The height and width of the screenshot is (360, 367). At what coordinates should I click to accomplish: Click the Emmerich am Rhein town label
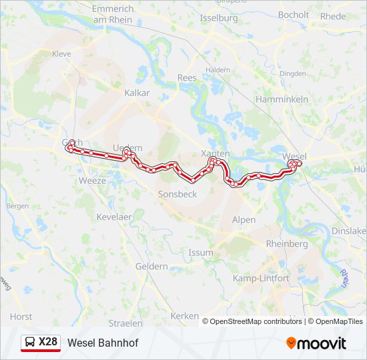click(113, 14)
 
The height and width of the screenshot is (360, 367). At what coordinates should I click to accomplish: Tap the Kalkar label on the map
click(137, 93)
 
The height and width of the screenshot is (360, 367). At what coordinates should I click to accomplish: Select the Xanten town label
click(215, 153)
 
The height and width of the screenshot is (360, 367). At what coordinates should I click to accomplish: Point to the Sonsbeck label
click(177, 194)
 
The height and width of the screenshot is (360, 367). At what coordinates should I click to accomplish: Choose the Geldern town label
click(151, 266)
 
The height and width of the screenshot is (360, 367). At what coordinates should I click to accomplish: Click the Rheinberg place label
click(287, 244)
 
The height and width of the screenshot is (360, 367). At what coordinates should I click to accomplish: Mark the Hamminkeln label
click(282, 99)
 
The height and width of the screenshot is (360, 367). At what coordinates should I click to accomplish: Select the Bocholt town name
click(294, 15)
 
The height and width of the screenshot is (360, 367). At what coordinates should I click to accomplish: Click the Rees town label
click(187, 78)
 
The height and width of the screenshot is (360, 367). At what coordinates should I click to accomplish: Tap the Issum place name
click(201, 253)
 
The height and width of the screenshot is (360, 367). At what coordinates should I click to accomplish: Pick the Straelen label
click(126, 322)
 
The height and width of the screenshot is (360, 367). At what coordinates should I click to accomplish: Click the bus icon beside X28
click(30, 343)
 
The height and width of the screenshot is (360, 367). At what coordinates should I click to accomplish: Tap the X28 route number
click(48, 342)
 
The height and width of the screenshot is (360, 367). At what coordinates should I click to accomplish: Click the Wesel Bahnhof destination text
click(103, 343)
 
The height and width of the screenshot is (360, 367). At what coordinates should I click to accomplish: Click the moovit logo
click(316, 343)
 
